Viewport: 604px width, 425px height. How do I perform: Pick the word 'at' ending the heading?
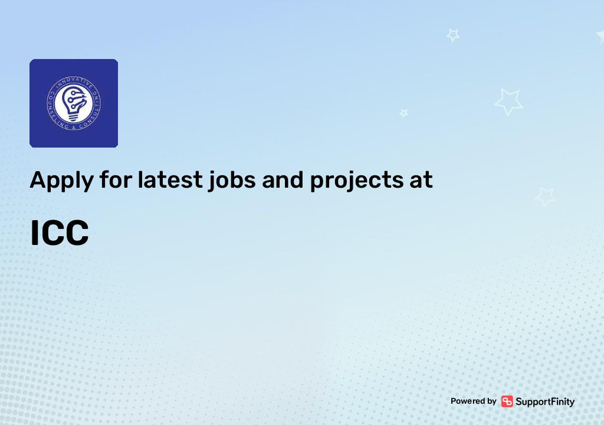click(x=421, y=179)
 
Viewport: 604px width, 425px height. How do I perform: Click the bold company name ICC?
click(x=60, y=233)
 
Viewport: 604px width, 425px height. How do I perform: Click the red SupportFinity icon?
click(x=507, y=401)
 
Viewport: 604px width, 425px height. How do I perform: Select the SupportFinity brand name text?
click(x=545, y=401)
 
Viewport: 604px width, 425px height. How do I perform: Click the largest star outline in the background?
click(x=508, y=102)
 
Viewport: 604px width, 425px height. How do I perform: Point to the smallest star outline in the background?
click(x=404, y=112)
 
